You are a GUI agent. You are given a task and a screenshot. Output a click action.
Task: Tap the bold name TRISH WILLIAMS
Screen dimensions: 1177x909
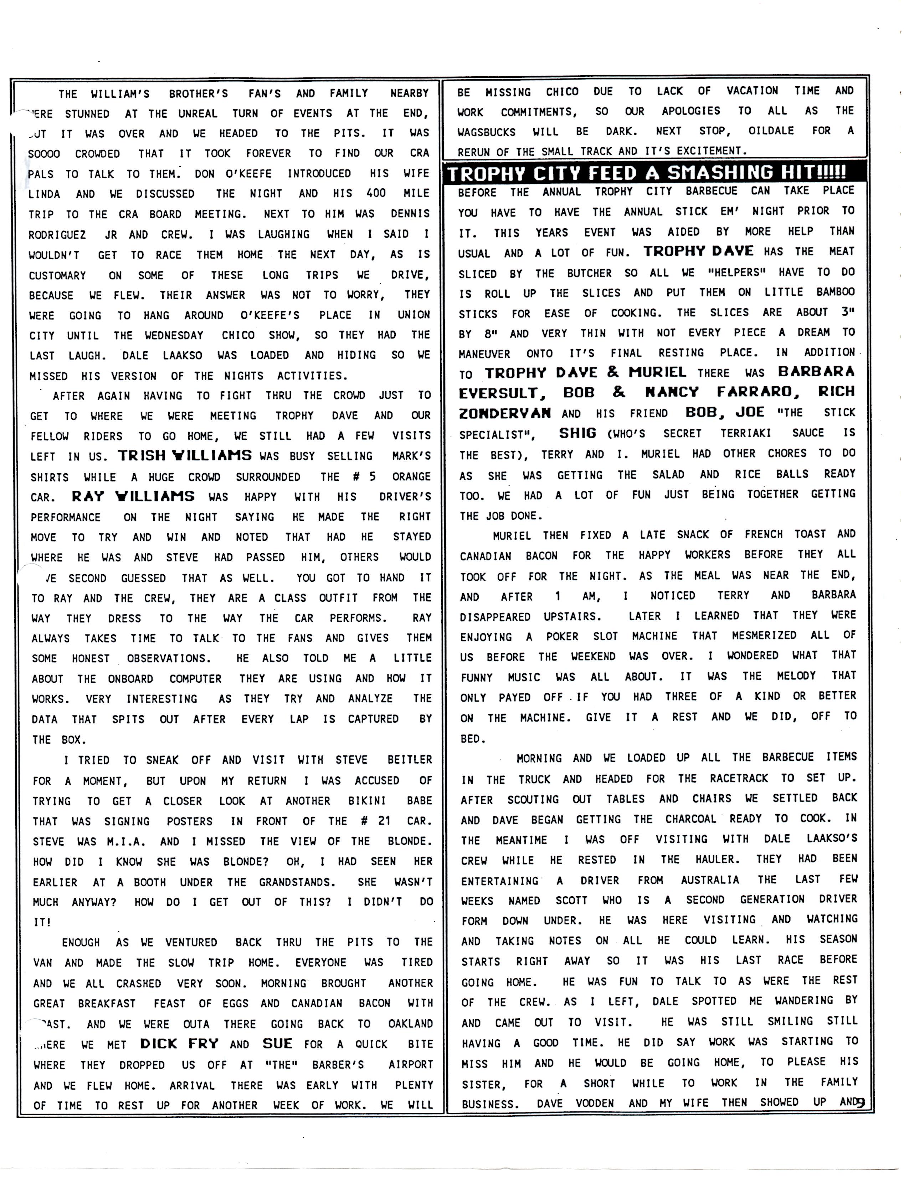pyautogui.click(x=185, y=455)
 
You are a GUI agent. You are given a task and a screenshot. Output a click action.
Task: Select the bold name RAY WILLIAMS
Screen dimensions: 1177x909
pyautogui.click(x=133, y=496)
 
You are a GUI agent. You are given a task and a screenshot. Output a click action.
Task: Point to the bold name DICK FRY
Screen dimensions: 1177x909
pyautogui.click(x=179, y=1044)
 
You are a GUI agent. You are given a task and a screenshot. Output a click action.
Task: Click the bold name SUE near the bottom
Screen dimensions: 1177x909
pyautogui.click(x=277, y=1044)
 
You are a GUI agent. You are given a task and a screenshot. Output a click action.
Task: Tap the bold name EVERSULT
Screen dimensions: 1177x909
pyautogui.click(x=498, y=393)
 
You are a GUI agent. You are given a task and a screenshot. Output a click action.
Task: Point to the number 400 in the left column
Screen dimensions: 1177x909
pyautogui.click(x=375, y=193)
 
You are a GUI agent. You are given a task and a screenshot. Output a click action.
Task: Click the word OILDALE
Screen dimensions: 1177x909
pyautogui.click(x=771, y=131)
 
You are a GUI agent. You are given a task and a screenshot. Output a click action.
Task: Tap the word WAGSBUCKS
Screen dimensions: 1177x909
pyautogui.click(x=486, y=132)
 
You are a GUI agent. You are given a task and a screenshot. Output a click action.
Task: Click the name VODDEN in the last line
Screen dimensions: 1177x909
pyautogui.click(x=595, y=1103)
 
